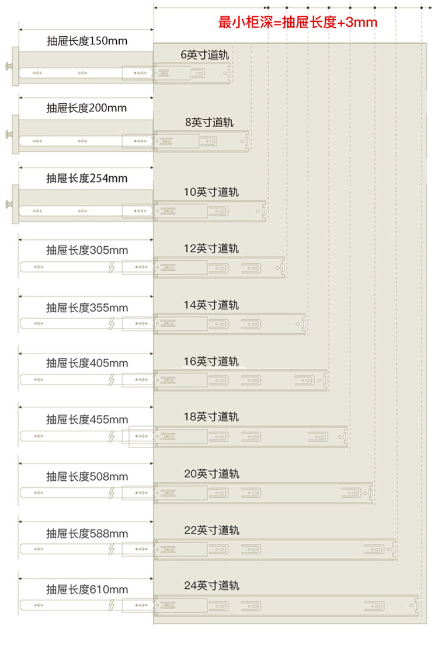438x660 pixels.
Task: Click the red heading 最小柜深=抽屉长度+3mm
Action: click(298, 23)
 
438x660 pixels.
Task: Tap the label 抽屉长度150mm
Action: click(87, 41)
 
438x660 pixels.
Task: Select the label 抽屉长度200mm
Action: click(86, 108)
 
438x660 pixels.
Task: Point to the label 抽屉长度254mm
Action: click(87, 178)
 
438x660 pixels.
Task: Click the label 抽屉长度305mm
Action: click(87, 250)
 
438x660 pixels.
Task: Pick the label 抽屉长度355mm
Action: click(87, 308)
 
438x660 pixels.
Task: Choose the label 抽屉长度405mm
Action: click(87, 363)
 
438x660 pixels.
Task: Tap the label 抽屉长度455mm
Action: click(87, 420)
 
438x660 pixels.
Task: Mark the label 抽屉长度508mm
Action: click(87, 477)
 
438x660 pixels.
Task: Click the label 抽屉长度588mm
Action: click(87, 533)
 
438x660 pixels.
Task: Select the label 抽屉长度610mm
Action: click(87, 589)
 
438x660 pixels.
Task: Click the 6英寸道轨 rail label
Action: click(204, 55)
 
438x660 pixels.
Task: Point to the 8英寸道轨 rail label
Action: click(209, 123)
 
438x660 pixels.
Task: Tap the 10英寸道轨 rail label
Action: click(211, 191)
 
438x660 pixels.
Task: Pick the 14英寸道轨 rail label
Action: click(211, 305)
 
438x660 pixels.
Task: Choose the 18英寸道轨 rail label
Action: click(211, 417)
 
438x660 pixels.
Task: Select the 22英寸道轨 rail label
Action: click(211, 530)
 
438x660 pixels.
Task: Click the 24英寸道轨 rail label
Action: click(211, 585)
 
